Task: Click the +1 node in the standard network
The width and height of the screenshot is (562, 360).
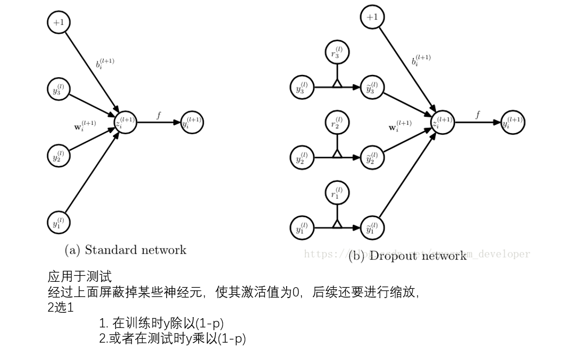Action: click(59, 22)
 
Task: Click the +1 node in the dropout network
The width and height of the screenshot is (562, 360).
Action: click(372, 17)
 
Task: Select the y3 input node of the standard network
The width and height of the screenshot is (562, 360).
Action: click(58, 90)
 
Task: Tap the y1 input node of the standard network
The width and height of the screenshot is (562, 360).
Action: click(58, 222)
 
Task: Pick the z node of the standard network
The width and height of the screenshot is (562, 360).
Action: click(125, 122)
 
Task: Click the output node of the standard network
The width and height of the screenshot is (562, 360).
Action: click(192, 122)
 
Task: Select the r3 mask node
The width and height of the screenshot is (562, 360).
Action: click(337, 53)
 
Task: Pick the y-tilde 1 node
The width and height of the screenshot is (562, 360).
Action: click(372, 228)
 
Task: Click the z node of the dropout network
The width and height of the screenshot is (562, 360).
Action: click(443, 123)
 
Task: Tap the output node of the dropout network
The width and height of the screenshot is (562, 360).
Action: click(513, 123)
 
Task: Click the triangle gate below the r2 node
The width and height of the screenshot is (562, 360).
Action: click(337, 154)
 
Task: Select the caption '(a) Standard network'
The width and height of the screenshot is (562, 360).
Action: click(125, 250)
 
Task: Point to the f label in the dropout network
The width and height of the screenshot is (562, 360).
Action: click(478, 115)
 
